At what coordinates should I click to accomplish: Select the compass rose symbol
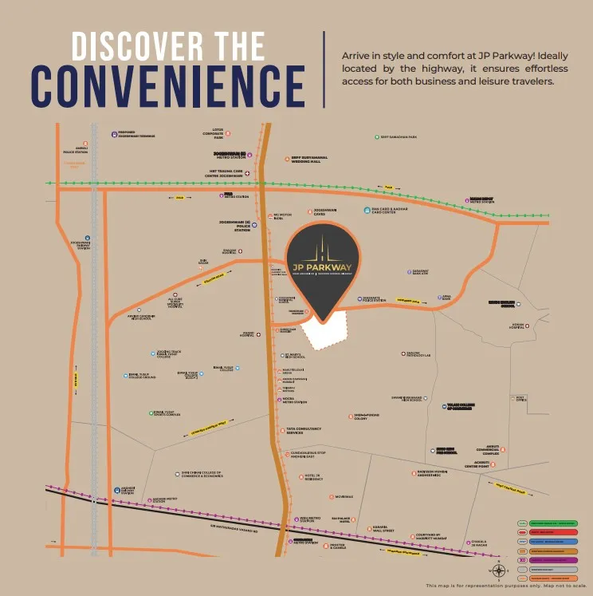tap(498, 570)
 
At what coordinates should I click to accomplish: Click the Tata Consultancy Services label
tap(304, 431)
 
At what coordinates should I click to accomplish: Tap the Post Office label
tap(520, 398)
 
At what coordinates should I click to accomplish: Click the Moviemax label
tap(344, 496)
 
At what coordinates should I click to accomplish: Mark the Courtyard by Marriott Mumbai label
tap(435, 537)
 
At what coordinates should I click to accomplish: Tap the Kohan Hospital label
tap(518, 326)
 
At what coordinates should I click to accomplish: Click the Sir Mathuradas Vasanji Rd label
tap(236, 526)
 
